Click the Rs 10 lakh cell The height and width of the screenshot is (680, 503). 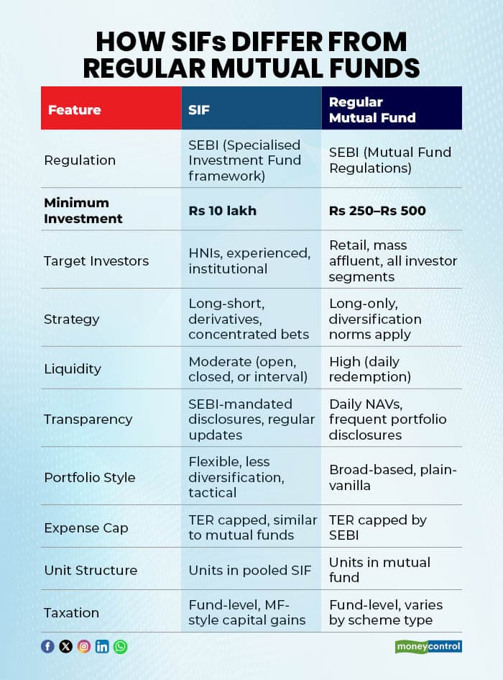pos(223,210)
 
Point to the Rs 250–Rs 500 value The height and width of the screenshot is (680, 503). pos(377,210)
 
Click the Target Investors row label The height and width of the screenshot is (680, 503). pos(96,260)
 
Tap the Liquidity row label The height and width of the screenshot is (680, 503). pos(73,368)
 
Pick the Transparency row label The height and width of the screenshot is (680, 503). pos(88,419)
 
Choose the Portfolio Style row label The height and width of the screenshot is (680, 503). pos(90,477)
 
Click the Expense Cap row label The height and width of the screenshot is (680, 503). pos(86,527)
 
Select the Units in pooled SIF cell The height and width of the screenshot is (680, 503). pos(250,570)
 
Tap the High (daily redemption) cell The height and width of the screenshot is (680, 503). pos(370,368)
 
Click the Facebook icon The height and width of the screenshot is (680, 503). pos(47,646)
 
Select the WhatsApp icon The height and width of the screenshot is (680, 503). pos(120,646)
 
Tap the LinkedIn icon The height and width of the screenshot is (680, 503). pos(102,646)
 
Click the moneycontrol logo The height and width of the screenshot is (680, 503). pos(428,646)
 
